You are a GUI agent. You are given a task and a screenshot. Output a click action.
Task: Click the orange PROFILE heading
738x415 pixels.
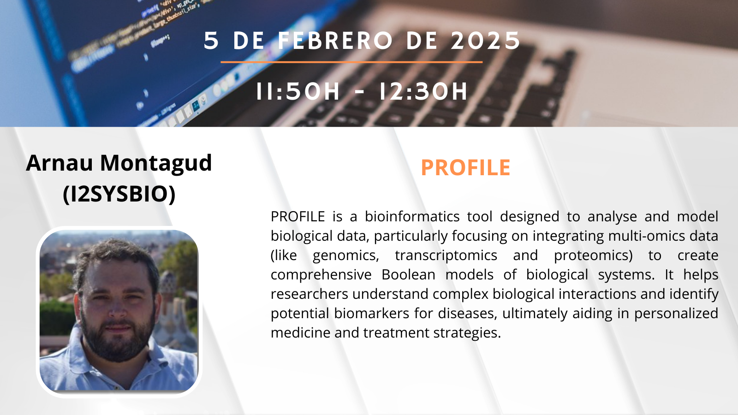pos(465,168)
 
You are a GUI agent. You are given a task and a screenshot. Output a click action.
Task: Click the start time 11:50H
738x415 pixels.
pos(298,91)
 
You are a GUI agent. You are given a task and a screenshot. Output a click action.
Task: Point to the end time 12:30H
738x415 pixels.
pos(423,91)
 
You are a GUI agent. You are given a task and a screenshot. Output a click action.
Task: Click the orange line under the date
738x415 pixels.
pos(351,62)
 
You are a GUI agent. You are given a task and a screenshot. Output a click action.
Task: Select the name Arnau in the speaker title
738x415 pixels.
pos(60,163)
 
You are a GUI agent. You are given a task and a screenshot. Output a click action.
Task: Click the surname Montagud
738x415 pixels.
pos(156,164)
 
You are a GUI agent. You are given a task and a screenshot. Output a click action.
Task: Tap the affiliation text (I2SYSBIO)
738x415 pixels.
pos(119,194)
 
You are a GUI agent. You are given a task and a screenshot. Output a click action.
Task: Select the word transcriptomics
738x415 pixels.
pos(446,255)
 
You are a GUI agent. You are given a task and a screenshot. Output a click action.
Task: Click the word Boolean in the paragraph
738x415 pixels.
pos(409,274)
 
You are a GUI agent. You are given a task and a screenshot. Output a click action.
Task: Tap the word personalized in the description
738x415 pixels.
pos(676,314)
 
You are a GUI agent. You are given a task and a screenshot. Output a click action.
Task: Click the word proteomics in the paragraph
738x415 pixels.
pos(593,255)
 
